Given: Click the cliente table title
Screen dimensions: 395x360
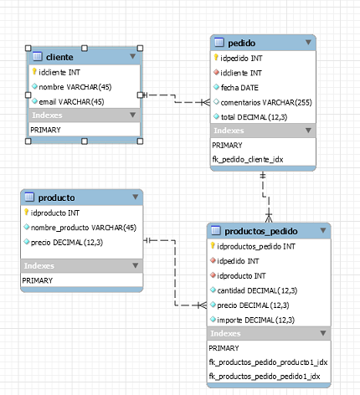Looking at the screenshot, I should point(72,57).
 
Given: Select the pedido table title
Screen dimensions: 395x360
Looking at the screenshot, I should point(242,42).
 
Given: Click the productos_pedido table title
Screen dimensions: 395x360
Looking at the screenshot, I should point(261,231).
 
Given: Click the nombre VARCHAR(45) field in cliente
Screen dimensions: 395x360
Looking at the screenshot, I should point(75,86).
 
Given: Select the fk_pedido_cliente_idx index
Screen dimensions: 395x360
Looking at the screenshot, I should point(252,158).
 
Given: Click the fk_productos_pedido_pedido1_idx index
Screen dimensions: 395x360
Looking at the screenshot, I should point(264,377).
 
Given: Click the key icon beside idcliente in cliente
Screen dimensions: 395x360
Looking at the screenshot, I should point(34,72).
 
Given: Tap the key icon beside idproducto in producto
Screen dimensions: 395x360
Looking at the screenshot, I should point(27,213).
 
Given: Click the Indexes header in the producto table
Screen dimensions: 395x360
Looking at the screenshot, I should point(39,265).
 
